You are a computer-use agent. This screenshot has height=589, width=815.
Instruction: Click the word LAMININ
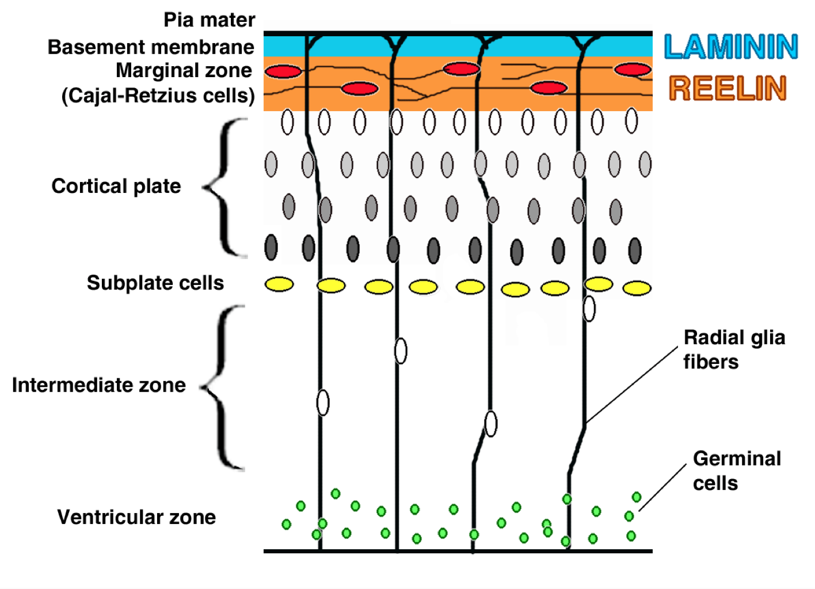point(731,47)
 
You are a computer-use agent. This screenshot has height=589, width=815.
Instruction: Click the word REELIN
point(728,88)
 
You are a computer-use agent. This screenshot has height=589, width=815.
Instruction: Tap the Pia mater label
point(209,20)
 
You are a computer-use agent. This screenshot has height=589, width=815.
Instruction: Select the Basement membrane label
point(151,47)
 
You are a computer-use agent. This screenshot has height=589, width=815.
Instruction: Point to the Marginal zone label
point(184,70)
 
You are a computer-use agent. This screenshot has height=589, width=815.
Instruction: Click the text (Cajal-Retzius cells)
point(158,95)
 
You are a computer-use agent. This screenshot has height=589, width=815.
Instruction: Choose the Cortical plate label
point(116,186)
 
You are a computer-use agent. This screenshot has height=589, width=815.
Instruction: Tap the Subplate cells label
point(155,283)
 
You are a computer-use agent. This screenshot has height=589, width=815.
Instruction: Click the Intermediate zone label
point(99,385)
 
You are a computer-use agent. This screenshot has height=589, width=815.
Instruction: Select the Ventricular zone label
point(136,517)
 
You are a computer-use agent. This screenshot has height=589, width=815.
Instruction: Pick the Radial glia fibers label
point(734,349)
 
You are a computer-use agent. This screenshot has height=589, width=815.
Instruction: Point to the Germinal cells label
point(737,470)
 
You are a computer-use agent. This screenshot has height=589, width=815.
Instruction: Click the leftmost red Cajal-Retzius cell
point(283,71)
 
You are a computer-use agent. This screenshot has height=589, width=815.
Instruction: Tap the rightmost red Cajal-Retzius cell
point(633,70)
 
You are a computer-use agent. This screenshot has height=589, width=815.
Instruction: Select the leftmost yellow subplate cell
point(279,284)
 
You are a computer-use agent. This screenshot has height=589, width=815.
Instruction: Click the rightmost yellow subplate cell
point(637,288)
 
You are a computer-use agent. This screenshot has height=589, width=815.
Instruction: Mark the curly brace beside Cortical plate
point(226,187)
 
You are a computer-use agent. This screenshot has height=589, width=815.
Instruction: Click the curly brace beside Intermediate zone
point(223,387)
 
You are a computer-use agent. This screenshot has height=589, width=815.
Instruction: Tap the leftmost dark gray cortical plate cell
point(271,247)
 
